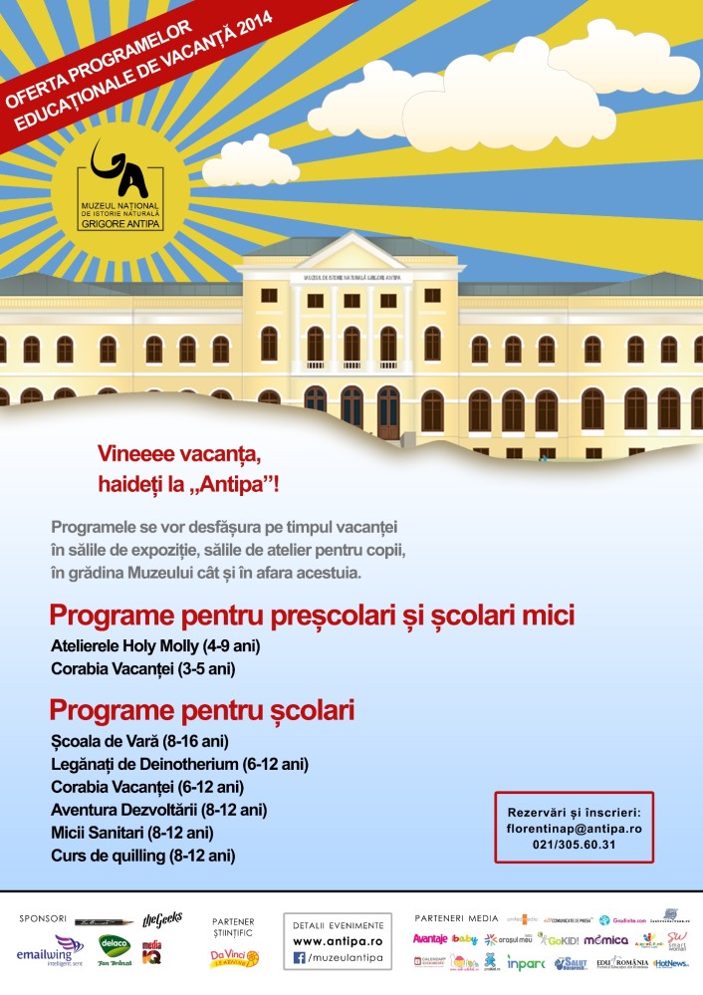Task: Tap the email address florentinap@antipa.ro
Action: pyautogui.click(x=573, y=828)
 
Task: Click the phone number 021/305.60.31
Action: pyautogui.click(x=573, y=845)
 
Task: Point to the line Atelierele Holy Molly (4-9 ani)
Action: pyautogui.click(x=155, y=645)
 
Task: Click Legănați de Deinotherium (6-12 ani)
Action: pyautogui.click(x=179, y=764)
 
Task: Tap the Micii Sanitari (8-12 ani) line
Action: pyautogui.click(x=132, y=832)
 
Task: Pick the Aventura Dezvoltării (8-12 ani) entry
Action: pyautogui.click(x=158, y=809)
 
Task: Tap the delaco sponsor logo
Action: pyautogui.click(x=115, y=945)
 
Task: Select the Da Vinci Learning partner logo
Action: pyautogui.click(x=234, y=958)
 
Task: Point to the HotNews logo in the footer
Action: pyautogui.click(x=670, y=963)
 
